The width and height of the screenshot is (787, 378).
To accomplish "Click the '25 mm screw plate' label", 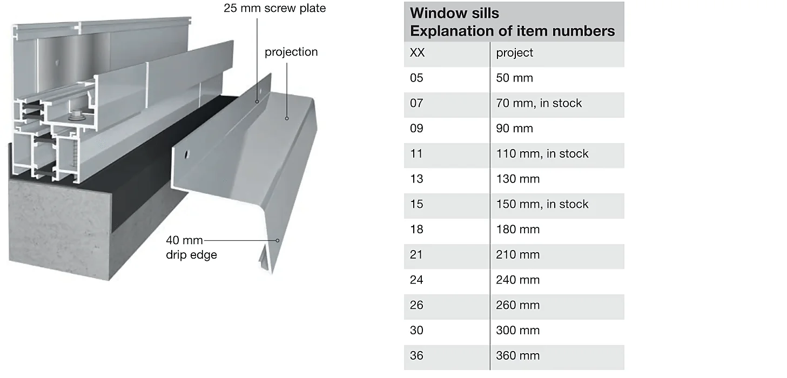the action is (275, 8).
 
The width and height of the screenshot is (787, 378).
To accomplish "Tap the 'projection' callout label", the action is (291, 52).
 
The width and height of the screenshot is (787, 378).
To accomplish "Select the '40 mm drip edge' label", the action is (191, 247).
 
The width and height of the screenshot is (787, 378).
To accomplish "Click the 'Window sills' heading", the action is (454, 13).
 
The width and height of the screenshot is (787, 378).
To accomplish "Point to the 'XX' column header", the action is (417, 53).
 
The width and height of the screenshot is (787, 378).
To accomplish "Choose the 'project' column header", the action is (514, 53).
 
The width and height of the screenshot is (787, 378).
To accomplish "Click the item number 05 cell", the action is (416, 78).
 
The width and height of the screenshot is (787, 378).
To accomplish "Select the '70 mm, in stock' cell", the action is (539, 103).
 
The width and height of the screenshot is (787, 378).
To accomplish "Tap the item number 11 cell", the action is (416, 153).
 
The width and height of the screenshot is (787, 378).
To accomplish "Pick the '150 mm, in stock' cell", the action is (542, 204).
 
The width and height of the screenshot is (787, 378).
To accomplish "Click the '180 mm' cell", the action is (517, 230).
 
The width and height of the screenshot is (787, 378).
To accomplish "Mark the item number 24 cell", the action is (416, 280).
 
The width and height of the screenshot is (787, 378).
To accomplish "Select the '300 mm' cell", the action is (517, 330).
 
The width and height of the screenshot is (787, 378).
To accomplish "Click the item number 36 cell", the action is (416, 355).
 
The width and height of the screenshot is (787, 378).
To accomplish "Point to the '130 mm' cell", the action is (517, 179).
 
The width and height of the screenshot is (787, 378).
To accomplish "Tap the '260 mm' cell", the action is (517, 305).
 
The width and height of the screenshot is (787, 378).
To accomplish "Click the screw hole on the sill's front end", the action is (186, 154).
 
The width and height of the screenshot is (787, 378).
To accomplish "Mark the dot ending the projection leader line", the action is (287, 118).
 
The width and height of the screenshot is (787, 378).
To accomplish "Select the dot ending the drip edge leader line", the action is (278, 241).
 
